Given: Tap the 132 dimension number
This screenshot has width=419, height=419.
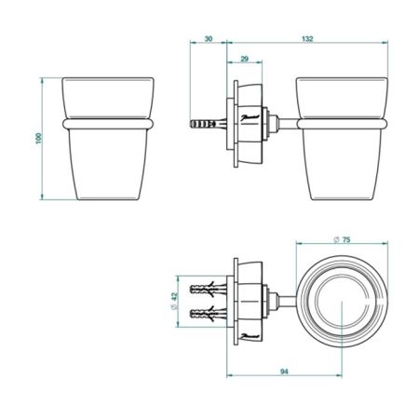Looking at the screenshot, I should pos(306,41).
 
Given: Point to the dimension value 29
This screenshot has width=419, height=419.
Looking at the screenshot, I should pos(243,59).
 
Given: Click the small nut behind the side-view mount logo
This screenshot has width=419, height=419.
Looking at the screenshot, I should pos(271,121).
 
